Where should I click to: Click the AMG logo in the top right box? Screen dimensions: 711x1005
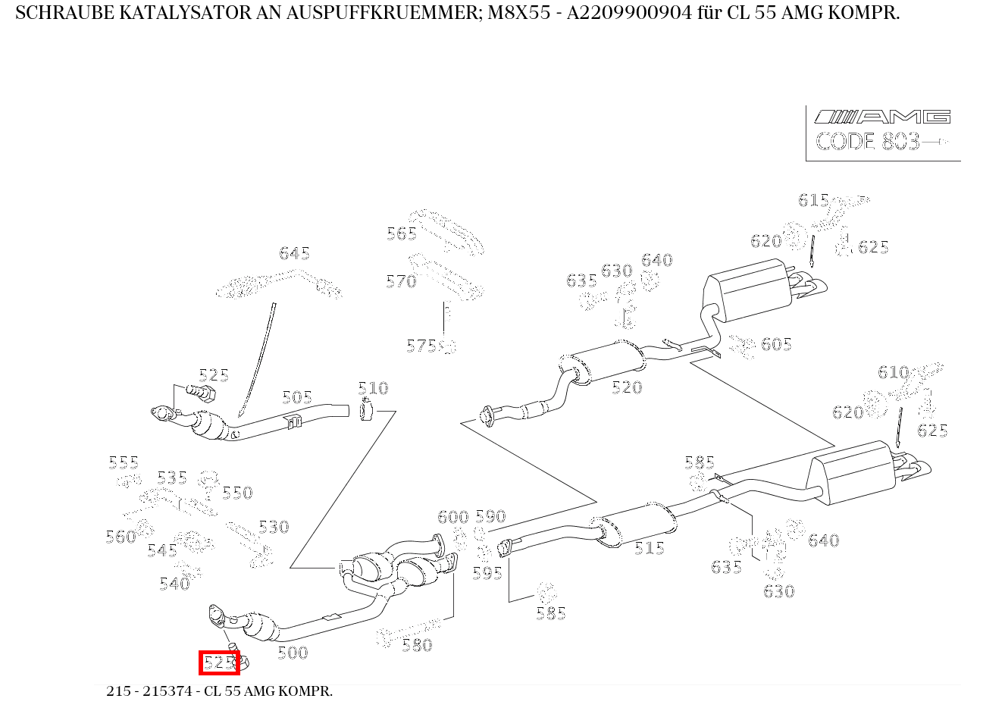point(882,117)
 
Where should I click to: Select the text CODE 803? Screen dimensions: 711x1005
point(867,142)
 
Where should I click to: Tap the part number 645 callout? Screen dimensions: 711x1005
point(294,253)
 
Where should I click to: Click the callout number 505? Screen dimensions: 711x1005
point(297,398)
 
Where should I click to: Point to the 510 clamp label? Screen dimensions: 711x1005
point(373,389)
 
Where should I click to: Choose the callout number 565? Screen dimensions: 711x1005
point(402,233)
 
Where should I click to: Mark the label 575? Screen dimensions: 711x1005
point(421,346)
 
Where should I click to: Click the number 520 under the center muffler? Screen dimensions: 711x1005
point(627,387)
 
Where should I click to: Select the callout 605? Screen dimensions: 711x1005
point(776,345)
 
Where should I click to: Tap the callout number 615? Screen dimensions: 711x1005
point(813,200)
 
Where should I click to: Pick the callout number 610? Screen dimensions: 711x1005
point(893,372)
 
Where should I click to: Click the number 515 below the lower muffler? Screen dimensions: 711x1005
point(650,548)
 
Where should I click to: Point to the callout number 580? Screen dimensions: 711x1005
point(417,645)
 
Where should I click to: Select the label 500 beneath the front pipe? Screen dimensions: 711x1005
point(293,653)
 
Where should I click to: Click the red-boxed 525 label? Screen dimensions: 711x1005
point(219,662)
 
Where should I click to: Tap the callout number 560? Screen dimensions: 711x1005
point(121,537)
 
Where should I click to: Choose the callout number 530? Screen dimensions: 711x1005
point(274,527)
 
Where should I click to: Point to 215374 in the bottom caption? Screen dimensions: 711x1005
point(169,691)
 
